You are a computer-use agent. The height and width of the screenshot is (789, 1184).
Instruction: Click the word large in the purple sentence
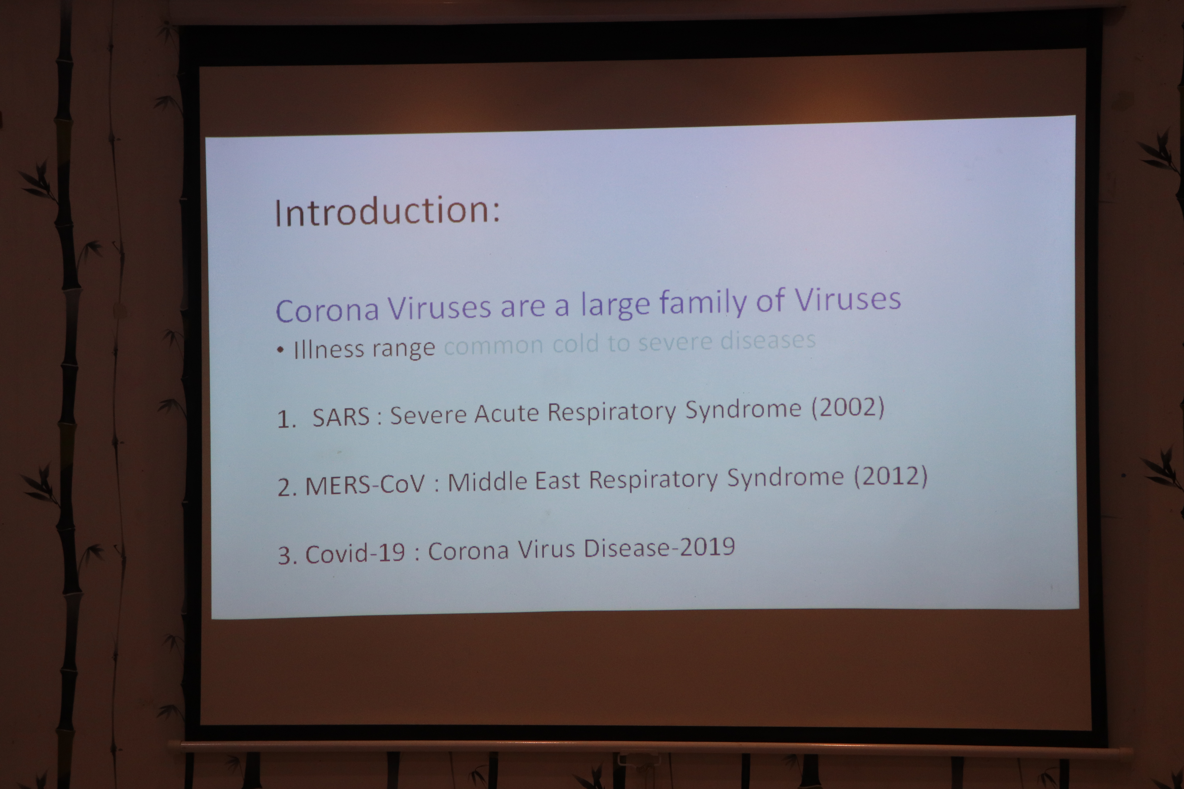[615, 305]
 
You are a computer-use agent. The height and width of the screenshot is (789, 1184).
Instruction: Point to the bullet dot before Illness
[280, 350]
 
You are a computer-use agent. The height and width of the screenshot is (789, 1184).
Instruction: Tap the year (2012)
[891, 476]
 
